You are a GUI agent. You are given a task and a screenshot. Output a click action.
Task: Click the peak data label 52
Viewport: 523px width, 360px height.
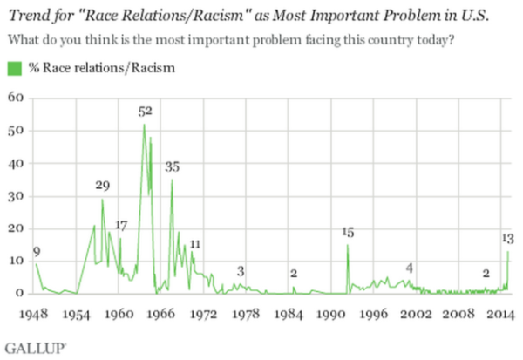[x=146, y=112]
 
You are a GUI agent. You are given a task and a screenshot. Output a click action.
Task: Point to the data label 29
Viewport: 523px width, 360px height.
[x=102, y=186]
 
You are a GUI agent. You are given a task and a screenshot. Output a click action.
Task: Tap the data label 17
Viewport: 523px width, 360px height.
[x=121, y=226]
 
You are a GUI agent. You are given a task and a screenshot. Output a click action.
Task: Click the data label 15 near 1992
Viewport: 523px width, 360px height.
[x=348, y=232]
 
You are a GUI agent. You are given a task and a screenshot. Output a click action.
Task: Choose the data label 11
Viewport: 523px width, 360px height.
[x=195, y=243]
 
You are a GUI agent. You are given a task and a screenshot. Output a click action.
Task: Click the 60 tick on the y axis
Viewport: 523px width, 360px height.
[x=14, y=98]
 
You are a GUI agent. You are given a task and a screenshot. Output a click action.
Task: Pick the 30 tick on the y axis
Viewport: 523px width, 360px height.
[x=14, y=196]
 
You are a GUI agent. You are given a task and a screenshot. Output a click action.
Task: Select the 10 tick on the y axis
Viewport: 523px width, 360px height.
[x=14, y=262]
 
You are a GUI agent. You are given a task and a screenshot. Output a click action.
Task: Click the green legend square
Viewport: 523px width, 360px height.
[x=13, y=68]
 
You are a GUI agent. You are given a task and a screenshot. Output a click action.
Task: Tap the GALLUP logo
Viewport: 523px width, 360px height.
[x=29, y=347]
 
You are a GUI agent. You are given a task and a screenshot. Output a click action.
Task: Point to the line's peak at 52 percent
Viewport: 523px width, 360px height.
[x=144, y=124]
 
